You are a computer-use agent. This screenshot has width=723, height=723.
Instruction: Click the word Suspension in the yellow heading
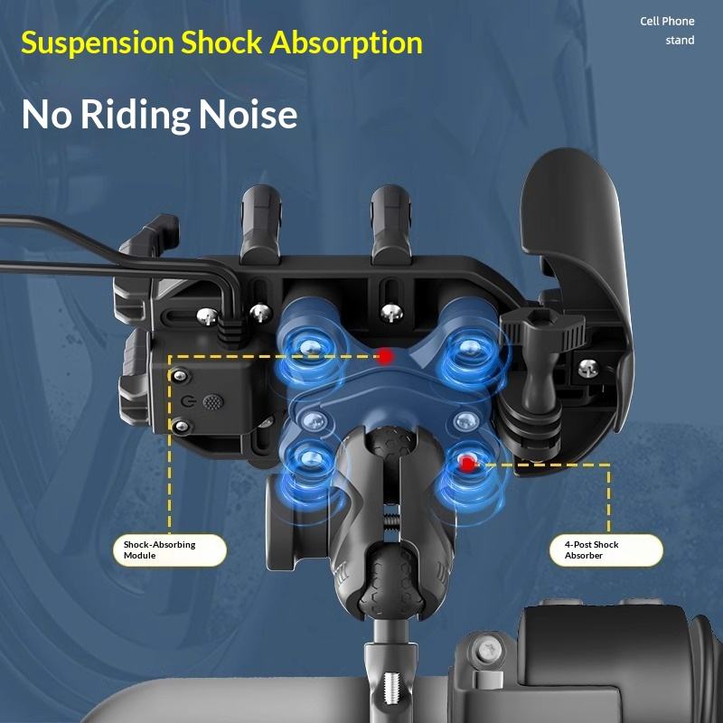[x=97, y=42]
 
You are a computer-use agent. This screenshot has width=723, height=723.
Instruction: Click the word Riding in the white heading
[x=134, y=115]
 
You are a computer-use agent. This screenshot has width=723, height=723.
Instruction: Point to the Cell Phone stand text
[x=668, y=30]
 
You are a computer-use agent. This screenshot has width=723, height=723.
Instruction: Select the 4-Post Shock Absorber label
[x=606, y=549]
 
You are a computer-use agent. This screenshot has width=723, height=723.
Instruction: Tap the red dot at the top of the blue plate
[x=386, y=356]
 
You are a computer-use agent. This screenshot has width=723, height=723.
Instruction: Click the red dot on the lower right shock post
[x=467, y=464]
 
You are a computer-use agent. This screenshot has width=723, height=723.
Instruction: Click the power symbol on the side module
[x=188, y=399]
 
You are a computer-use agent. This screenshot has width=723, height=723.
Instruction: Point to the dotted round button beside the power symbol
[x=213, y=399]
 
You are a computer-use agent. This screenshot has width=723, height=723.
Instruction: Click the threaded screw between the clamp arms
[x=390, y=523]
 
